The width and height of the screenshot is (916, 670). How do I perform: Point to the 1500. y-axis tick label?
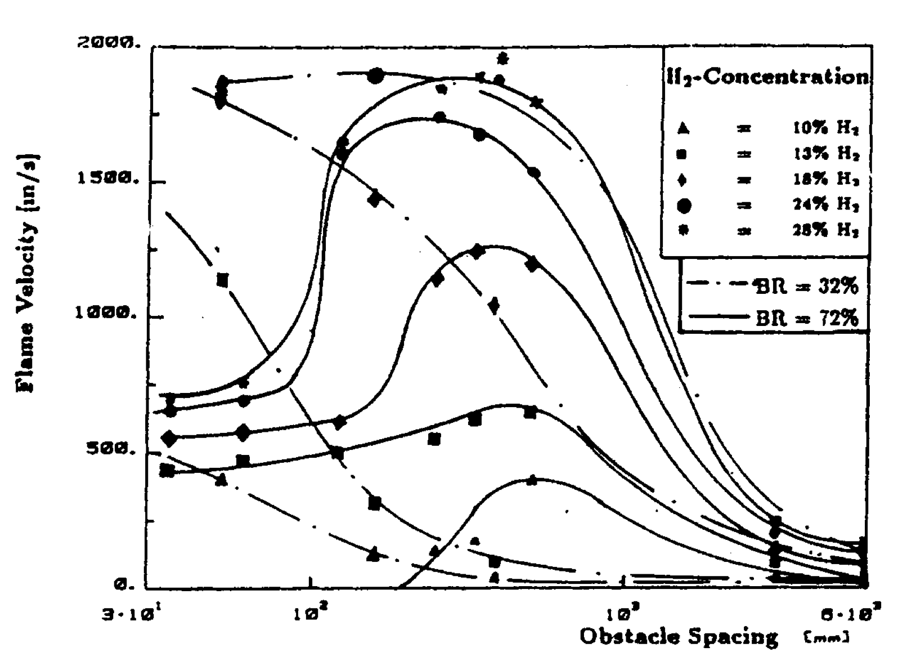[106, 180]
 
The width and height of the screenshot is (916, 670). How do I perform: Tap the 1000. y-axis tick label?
[106, 313]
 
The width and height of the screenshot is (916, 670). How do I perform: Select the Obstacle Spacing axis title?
[679, 637]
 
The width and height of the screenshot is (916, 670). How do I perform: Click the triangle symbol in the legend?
[683, 128]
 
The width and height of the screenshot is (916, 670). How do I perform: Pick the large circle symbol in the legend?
[684, 206]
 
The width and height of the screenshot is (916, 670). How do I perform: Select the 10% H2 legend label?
[825, 128]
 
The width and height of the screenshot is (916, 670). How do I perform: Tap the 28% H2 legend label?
[825, 230]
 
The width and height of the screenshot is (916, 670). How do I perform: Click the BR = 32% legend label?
[807, 286]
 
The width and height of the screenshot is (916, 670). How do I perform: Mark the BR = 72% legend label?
[807, 318]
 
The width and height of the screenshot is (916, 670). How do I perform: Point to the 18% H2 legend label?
[825, 180]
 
